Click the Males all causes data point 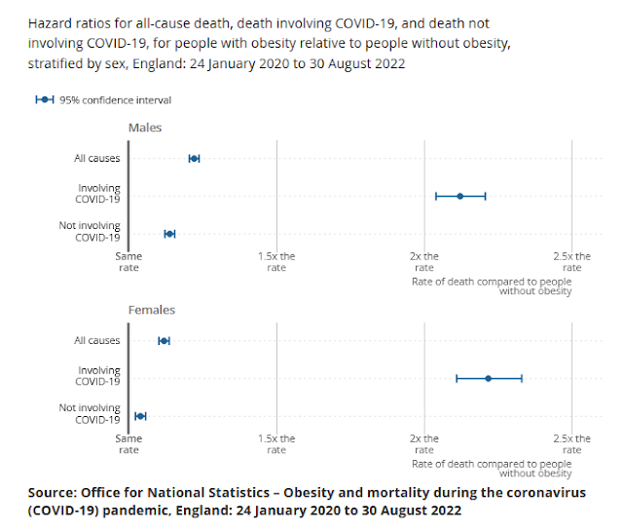point(194,158)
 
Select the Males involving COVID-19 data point point(460,196)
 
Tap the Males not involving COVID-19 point point(169,234)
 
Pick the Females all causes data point point(164,340)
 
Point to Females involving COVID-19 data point point(489,378)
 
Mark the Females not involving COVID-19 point point(140,416)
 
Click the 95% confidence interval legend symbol point(45,99)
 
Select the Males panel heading point(145,128)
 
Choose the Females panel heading point(152,310)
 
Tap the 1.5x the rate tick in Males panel point(276,261)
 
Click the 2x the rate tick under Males point(424,261)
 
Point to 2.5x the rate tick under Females point(572,443)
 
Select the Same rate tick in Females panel point(128,443)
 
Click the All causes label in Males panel point(97,158)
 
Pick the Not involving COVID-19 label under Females point(90,414)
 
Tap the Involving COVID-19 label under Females point(98,376)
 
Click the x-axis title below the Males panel point(492,285)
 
